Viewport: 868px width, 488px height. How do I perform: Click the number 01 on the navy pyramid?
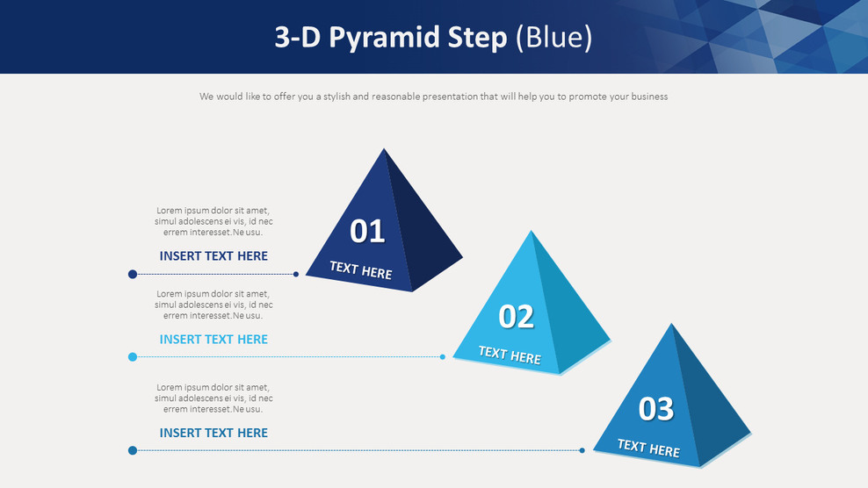[x=367, y=232]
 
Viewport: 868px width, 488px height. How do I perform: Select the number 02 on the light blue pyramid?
[x=516, y=317]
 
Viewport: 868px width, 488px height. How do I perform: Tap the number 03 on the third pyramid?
[x=655, y=409]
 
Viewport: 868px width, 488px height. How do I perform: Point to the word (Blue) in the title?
[x=553, y=37]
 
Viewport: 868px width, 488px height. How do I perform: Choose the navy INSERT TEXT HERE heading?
[x=213, y=256]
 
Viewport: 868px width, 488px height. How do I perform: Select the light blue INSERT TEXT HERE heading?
[x=213, y=340]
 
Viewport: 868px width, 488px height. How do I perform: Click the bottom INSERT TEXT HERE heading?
[x=213, y=433]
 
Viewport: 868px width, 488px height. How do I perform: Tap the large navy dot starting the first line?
[x=133, y=274]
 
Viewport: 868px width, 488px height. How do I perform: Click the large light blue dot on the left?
[x=133, y=356]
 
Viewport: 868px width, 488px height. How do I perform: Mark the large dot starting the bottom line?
[x=133, y=450]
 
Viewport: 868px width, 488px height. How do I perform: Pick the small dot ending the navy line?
[x=296, y=274]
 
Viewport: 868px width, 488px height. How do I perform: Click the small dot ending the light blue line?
[x=443, y=356]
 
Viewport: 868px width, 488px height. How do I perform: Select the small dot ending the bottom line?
[x=582, y=450]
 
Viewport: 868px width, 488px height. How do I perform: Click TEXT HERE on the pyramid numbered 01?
[x=360, y=270]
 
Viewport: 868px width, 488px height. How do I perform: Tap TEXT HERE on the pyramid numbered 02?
[x=509, y=355]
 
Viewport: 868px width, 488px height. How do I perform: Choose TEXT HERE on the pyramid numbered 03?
[x=648, y=449]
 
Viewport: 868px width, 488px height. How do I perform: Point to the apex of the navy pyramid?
[x=384, y=150]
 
